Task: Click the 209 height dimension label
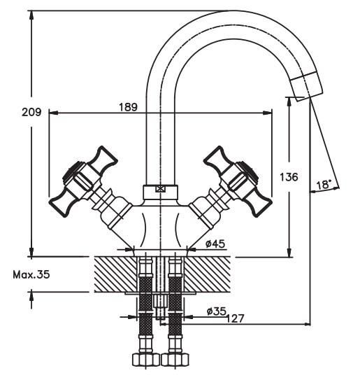31,112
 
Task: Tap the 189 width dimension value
128,107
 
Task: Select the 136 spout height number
289,177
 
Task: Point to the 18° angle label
324,185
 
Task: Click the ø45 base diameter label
215,244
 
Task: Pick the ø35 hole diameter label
216,311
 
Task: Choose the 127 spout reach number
235,318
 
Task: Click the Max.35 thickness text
31,274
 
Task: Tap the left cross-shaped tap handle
83,181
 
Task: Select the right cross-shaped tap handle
238,181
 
